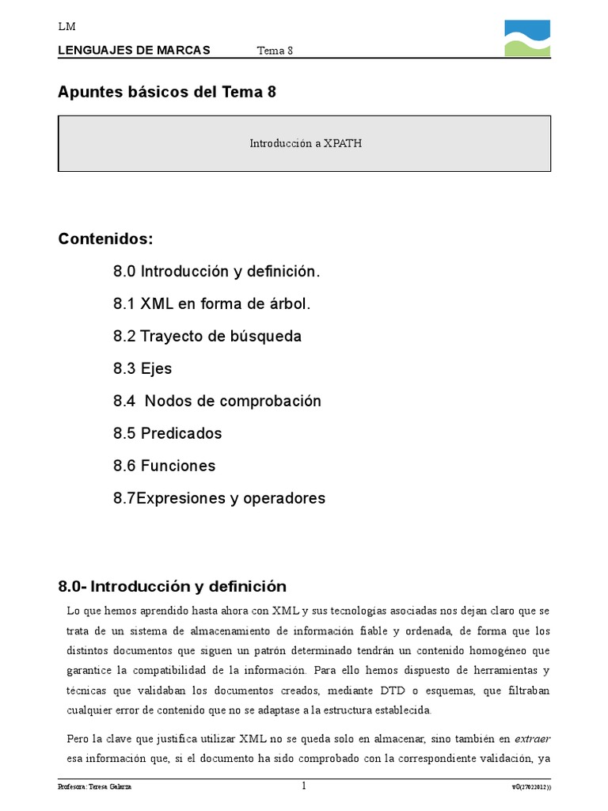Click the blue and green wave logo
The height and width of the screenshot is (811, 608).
527,38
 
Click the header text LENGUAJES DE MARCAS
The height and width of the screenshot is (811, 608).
134,51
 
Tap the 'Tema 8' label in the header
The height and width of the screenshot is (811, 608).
275,51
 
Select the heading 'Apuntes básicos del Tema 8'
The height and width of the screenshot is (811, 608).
167,92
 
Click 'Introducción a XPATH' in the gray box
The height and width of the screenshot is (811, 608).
306,143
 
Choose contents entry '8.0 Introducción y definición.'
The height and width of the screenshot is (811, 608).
217,272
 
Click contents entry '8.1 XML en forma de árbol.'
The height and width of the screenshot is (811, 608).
212,304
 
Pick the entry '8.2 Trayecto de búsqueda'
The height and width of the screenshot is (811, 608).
207,337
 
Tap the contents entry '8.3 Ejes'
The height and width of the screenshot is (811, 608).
142,369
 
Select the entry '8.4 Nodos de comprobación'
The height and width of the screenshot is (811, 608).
218,402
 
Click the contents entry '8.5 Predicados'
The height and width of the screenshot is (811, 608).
167,434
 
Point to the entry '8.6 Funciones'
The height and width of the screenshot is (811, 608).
164,466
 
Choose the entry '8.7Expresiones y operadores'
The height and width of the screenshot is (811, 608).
219,499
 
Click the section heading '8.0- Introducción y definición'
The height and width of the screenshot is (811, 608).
172,587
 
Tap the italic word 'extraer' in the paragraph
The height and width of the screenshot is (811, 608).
532,739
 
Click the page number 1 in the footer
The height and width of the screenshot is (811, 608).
303,786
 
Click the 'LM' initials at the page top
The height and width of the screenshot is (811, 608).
66,27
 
